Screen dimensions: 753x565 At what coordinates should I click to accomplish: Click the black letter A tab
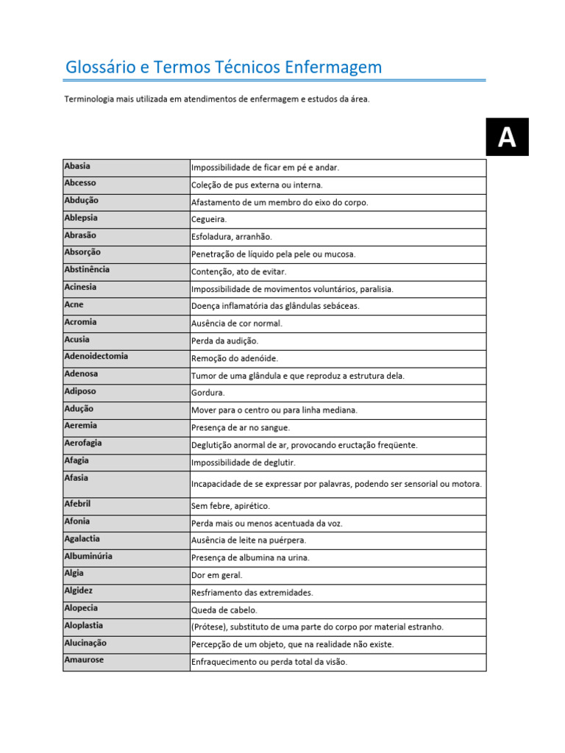tap(506, 137)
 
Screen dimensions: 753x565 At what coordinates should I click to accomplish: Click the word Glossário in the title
tap(100, 68)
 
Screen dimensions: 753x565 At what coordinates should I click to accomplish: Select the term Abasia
tap(77, 166)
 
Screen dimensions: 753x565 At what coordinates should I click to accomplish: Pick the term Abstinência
tap(87, 270)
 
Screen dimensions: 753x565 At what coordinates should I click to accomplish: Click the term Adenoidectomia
tap(96, 357)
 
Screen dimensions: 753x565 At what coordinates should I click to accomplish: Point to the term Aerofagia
tap(83, 443)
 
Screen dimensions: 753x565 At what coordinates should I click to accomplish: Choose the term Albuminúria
tap(88, 557)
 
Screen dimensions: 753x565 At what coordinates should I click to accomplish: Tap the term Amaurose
tap(84, 660)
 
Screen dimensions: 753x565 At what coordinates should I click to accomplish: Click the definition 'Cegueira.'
tap(209, 220)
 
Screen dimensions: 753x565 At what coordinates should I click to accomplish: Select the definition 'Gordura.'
tap(208, 393)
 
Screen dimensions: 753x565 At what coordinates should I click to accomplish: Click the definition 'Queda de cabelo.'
tap(224, 610)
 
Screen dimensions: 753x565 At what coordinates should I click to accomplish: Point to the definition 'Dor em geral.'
tap(216, 575)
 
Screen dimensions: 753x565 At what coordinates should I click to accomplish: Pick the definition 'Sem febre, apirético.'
tap(230, 507)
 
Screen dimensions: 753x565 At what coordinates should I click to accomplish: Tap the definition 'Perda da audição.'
tap(224, 341)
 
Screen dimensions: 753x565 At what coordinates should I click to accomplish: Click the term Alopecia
tap(81, 608)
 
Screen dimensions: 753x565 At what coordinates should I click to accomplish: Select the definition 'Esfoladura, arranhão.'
tap(231, 237)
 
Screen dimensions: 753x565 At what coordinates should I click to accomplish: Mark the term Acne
tap(74, 304)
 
